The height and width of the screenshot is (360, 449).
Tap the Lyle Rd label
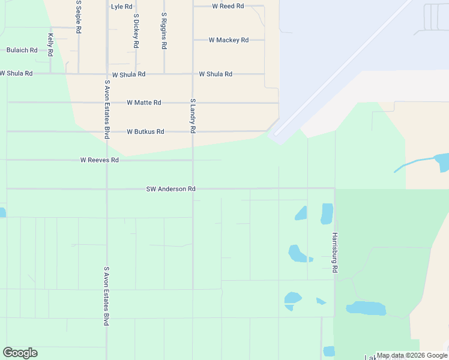pos(121,7)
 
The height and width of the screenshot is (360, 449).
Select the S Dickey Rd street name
pos(136,31)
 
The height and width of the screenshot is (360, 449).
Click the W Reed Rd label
pos(228,6)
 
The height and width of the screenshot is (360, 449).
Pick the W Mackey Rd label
pos(228,40)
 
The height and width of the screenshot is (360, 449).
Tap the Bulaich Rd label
pos(22,50)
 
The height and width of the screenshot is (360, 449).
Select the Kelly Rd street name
pos(51,45)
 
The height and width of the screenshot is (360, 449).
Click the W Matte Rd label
pos(144,103)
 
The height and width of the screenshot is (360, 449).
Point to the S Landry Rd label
pos(193,116)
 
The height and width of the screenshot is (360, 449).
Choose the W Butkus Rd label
pos(145,131)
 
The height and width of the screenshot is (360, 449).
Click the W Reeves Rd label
pos(100,160)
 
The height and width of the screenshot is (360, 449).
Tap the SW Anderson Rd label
pos(171,189)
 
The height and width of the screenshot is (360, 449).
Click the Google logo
pos(20,353)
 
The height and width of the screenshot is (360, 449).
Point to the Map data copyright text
pos(412,355)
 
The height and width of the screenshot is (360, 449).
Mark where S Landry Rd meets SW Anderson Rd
pos(193,188)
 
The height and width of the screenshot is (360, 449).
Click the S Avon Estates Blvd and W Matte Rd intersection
pos(107,103)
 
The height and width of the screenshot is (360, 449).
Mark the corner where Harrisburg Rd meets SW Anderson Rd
pos(334,188)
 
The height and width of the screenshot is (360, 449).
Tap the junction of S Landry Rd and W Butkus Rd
pos(193,131)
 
